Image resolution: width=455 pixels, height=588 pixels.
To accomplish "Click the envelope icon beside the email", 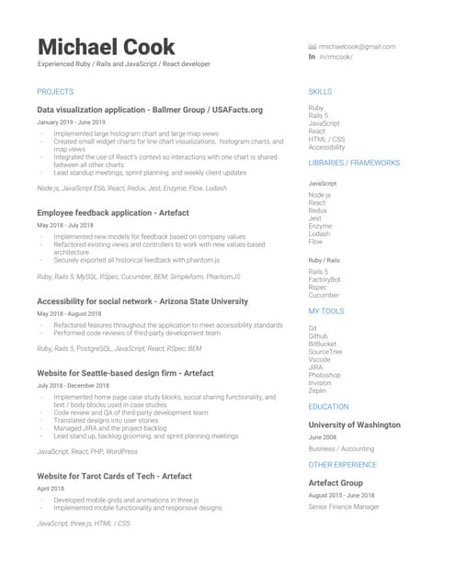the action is (313, 46).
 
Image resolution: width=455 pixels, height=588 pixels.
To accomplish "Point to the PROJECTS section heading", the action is (55, 92).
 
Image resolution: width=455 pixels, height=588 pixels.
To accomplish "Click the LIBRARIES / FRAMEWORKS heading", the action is (354, 163).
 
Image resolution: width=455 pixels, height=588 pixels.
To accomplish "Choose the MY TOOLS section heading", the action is (326, 311).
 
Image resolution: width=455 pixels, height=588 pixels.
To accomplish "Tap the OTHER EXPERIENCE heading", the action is (343, 466).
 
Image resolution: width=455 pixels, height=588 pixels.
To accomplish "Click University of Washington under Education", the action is (354, 425).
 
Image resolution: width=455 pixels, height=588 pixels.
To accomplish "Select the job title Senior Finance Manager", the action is (344, 507).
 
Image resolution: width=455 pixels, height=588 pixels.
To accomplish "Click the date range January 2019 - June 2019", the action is (71, 122).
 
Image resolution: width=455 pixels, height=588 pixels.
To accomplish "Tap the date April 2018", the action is (51, 489).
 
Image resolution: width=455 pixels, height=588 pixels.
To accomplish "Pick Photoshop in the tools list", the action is (324, 375).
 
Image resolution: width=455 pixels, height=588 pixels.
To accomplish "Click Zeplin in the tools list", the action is (319, 390).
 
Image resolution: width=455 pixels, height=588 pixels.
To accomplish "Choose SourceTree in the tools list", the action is (325, 351).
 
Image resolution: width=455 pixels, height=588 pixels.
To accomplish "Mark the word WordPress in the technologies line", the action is (121, 451).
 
